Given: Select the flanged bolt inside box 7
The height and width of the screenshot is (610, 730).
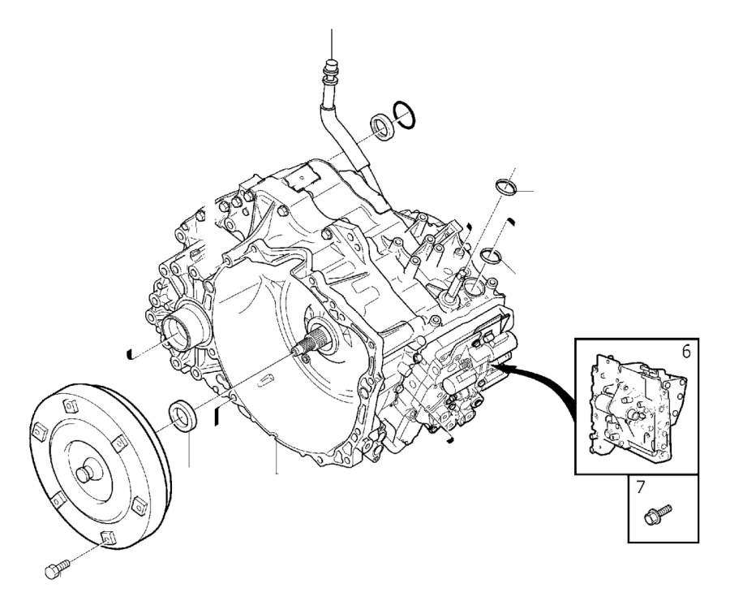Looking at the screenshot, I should coord(656,514).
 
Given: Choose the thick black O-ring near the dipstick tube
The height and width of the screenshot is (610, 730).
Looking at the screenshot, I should coord(405,115).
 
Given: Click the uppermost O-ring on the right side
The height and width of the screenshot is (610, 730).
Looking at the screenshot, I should coord(505,186).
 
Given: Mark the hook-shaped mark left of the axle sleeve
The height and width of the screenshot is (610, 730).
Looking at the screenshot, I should coord(131,353).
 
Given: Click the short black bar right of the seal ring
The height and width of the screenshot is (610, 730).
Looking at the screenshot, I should coord(217,416).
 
